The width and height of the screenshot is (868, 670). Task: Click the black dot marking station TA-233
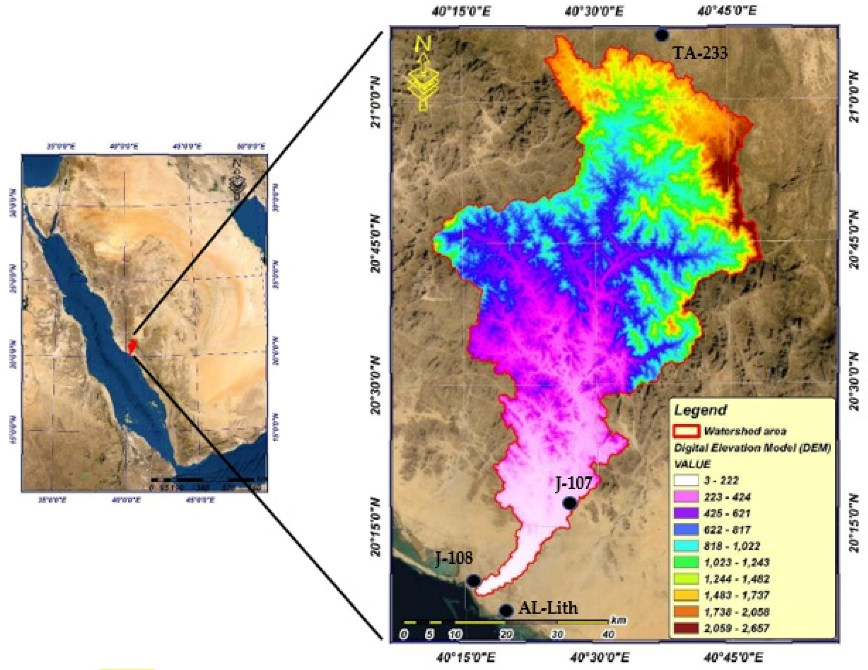click(x=661, y=35)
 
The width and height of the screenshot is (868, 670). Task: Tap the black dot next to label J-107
click(x=570, y=503)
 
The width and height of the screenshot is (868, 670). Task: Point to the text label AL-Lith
click(x=548, y=608)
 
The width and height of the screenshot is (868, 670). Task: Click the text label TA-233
click(x=700, y=53)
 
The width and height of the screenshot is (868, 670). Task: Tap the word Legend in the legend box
click(x=700, y=410)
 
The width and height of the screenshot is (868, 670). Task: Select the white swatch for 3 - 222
click(x=686, y=480)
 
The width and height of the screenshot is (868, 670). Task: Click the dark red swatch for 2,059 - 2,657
click(x=686, y=628)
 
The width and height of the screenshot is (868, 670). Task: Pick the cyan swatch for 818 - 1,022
click(x=686, y=546)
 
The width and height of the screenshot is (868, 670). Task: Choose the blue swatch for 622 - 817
click(x=686, y=530)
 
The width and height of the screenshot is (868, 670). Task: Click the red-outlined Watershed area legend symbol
click(x=686, y=431)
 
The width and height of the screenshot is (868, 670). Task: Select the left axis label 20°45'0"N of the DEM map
click(x=376, y=245)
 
